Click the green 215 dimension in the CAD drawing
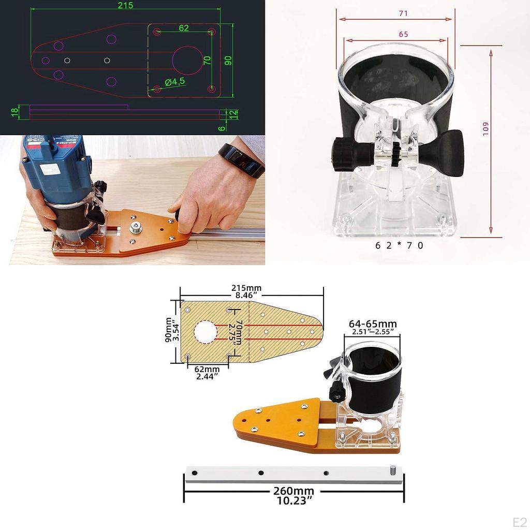tap(125, 6)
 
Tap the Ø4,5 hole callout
tap(175, 81)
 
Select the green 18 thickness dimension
tap(14, 110)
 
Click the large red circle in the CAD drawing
tap(187, 60)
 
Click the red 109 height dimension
tap(485, 128)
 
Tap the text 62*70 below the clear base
tap(399, 245)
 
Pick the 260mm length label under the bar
tap(293, 491)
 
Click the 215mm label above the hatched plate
tap(246, 288)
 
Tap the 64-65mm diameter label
tap(370, 324)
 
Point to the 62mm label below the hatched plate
tap(207, 370)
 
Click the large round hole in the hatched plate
tap(205, 332)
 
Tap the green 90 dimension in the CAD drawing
tap(228, 60)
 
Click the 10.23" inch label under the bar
tap(293, 500)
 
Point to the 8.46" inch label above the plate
tap(246, 296)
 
